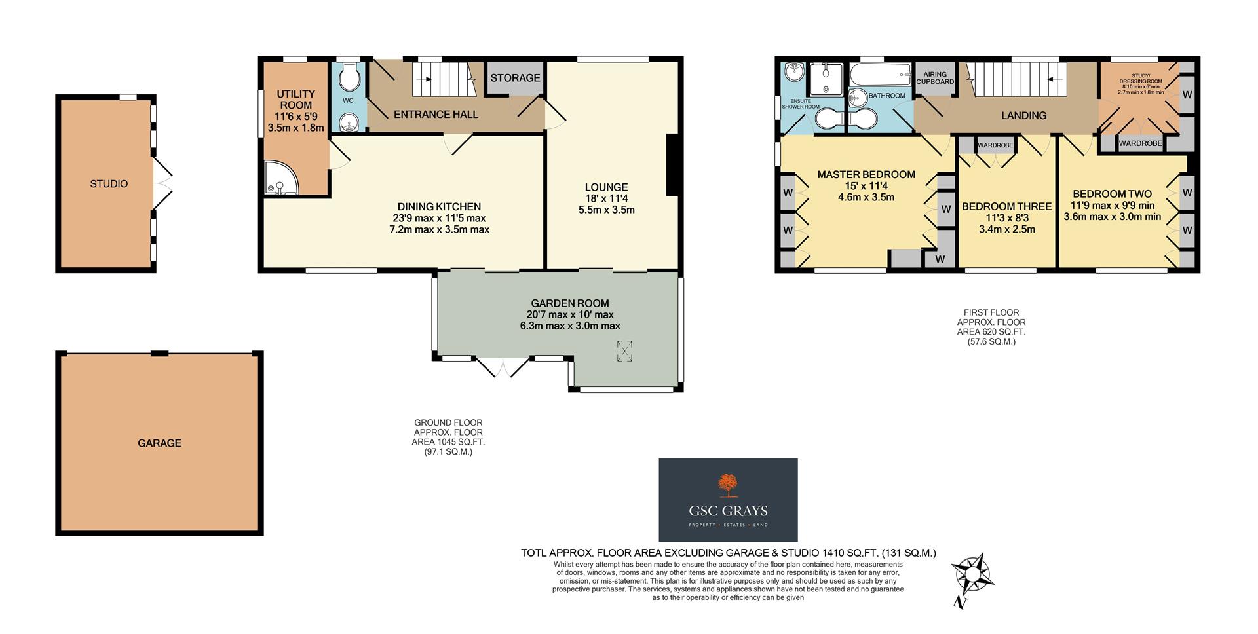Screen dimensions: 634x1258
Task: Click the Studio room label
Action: tap(109, 184)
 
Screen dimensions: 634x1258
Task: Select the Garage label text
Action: tap(159, 443)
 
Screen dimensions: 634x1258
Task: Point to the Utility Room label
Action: tap(295, 100)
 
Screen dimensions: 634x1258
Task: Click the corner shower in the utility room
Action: tap(280, 179)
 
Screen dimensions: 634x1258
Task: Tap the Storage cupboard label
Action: tap(515, 78)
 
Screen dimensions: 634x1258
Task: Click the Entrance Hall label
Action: tap(436, 115)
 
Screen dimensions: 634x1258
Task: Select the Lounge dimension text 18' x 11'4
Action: tap(607, 198)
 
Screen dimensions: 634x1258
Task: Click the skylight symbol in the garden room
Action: tap(625, 351)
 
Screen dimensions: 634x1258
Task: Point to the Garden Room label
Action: tap(569, 303)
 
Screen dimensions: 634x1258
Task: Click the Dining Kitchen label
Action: tap(439, 206)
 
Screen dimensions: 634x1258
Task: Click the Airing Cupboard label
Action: tap(935, 78)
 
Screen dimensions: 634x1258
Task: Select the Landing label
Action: tap(1023, 115)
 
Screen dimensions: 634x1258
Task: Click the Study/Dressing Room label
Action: tap(1141, 81)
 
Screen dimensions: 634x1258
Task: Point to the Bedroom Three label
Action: tap(1006, 206)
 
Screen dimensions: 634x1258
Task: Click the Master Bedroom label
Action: tap(866, 175)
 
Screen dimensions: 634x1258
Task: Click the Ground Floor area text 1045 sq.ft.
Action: tap(448, 442)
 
